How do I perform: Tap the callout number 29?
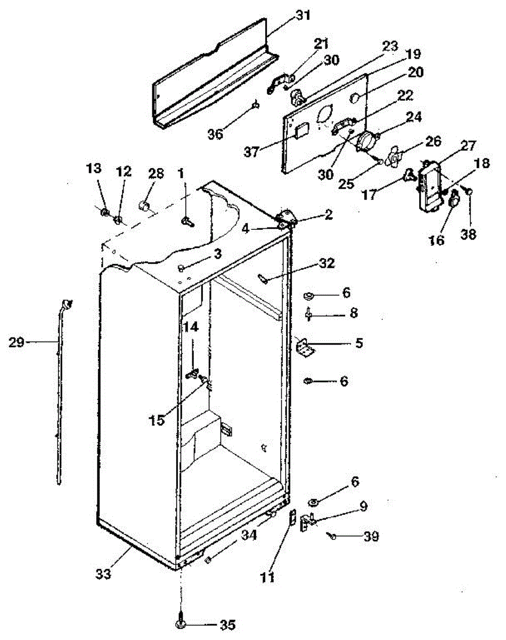[17, 342]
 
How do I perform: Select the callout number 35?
[227, 625]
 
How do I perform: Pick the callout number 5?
[359, 343]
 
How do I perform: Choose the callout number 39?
[370, 537]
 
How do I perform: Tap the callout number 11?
[268, 577]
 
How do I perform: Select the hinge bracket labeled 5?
[305, 347]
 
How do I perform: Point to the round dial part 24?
[366, 142]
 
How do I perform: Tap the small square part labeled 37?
[301, 130]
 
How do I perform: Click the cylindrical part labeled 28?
[144, 206]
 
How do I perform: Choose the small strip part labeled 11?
[292, 517]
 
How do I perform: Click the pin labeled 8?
[308, 314]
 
